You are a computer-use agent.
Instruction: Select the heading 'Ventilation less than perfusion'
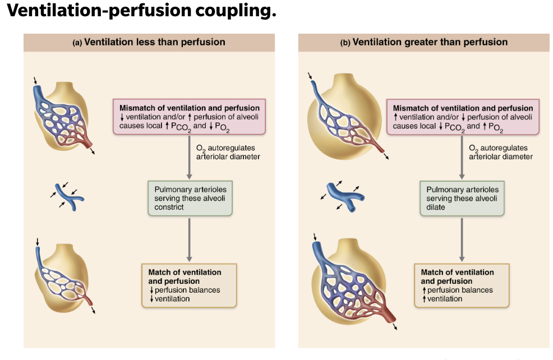click(x=154, y=42)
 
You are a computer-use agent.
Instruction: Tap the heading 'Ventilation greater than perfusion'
click(x=430, y=42)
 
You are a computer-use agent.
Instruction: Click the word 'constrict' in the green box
click(x=169, y=207)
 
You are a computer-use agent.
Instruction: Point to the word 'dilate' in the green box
click(x=436, y=207)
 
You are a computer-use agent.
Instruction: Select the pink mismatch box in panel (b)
click(x=462, y=117)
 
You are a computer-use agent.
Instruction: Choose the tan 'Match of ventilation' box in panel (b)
click(x=462, y=285)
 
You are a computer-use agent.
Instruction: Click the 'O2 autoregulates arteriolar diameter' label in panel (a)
click(x=220, y=152)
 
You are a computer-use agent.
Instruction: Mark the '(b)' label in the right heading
click(x=345, y=43)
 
